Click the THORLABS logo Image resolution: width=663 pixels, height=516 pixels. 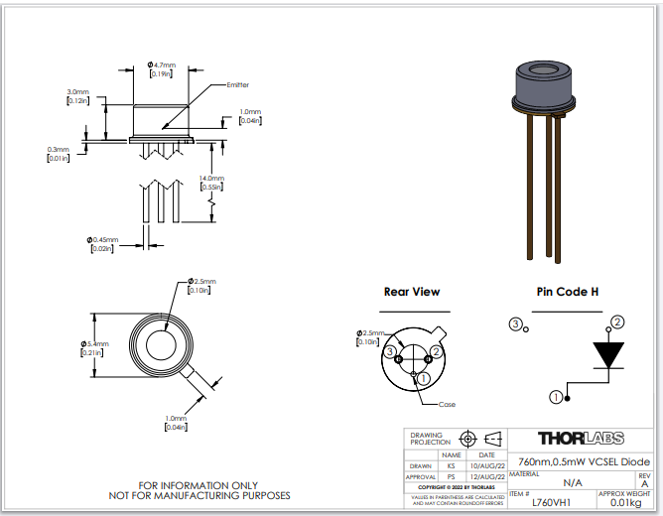pyautogui.click(x=580, y=438)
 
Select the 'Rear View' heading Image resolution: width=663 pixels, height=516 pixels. pyautogui.click(x=412, y=292)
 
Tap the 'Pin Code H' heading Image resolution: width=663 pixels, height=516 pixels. pyautogui.click(x=567, y=292)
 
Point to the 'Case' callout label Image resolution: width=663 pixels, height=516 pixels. pyautogui.click(x=448, y=404)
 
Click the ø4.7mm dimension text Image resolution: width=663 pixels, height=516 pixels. pyautogui.click(x=159, y=65)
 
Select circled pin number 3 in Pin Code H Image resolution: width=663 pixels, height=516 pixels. pyautogui.click(x=515, y=323)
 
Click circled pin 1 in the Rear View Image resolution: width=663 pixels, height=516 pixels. pyautogui.click(x=423, y=377)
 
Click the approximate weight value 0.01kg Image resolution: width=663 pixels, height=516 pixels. pyautogui.click(x=623, y=502)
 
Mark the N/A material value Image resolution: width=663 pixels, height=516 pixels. pyautogui.click(x=573, y=482)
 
